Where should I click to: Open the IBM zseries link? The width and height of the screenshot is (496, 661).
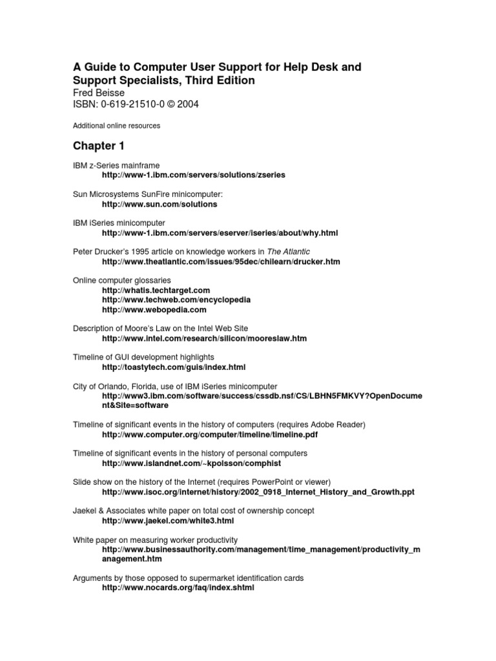pyautogui.click(x=193, y=175)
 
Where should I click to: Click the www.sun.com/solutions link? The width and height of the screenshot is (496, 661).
pyautogui.click(x=160, y=204)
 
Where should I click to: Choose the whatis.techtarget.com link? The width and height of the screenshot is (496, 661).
pyautogui.click(x=156, y=290)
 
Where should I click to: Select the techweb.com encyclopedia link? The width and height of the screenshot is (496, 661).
pyautogui.click(x=176, y=300)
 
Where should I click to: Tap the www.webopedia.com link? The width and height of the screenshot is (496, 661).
pyautogui.click(x=154, y=310)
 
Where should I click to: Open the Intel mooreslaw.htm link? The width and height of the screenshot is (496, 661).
pyautogui.click(x=204, y=338)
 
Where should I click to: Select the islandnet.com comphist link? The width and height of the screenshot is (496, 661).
pyautogui.click(x=192, y=463)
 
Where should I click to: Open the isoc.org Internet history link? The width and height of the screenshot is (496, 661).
pyautogui.click(x=258, y=492)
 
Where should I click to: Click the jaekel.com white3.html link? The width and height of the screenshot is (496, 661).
pyautogui.click(x=168, y=520)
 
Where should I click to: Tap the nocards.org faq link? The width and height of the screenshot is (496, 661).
pyautogui.click(x=178, y=589)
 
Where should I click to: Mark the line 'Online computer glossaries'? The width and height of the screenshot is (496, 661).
pyautogui.click(x=121, y=280)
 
